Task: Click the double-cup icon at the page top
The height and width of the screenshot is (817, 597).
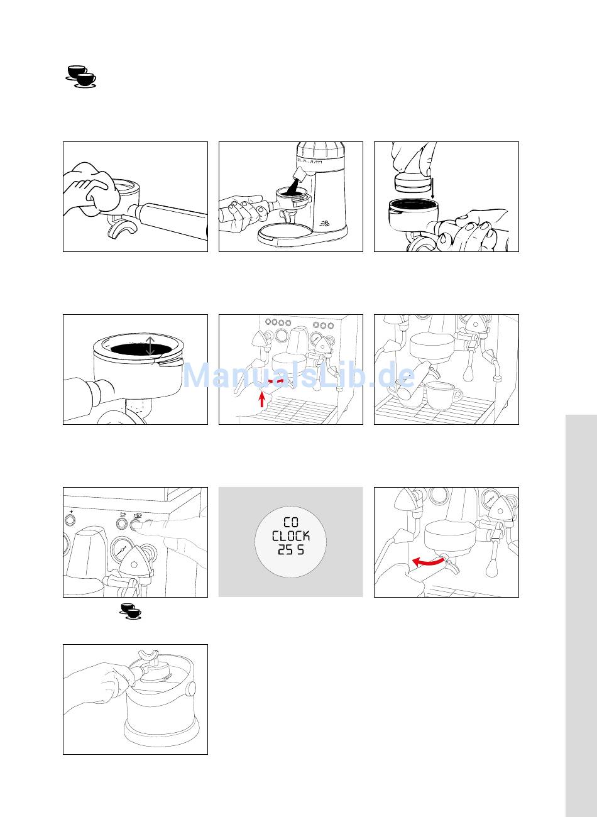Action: click(81, 76)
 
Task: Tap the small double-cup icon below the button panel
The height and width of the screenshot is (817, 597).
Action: click(131, 611)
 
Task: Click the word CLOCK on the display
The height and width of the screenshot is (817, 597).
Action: click(291, 536)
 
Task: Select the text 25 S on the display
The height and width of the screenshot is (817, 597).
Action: click(291, 549)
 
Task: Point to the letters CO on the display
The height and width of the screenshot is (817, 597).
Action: click(291, 523)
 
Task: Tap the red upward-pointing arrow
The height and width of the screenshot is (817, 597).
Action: click(261, 398)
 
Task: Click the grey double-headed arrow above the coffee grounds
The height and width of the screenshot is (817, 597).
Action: click(150, 346)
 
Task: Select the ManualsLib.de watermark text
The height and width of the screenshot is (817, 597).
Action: click(298, 375)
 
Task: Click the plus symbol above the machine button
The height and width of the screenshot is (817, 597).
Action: click(71, 512)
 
